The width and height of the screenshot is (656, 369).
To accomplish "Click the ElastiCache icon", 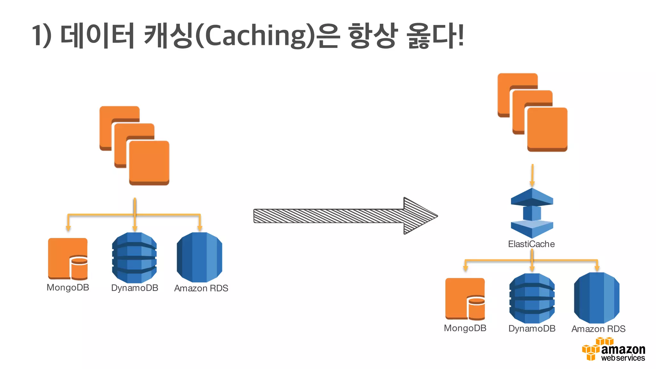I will [532, 213].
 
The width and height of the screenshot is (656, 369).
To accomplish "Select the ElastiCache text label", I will [531, 244].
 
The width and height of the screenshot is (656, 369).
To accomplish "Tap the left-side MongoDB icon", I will [68, 259].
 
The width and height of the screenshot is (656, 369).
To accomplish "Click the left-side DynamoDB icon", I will [135, 258].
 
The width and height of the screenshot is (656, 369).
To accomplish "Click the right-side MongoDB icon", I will [465, 299].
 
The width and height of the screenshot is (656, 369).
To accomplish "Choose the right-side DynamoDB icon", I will [532, 298].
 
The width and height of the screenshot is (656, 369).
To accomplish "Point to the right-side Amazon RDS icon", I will [597, 298].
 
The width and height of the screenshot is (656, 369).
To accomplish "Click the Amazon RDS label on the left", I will [201, 288].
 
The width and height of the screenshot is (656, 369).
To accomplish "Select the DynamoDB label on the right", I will [532, 329].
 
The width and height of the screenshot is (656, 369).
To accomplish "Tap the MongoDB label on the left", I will [68, 288].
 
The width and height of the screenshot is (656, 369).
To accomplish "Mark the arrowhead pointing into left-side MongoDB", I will [68, 228].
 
